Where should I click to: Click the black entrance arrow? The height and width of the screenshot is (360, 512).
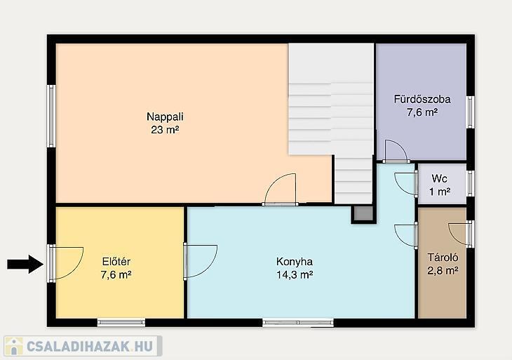[x=25, y=264]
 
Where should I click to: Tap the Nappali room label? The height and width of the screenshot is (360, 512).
[x=165, y=116]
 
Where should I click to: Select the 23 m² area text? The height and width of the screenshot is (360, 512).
[x=165, y=130]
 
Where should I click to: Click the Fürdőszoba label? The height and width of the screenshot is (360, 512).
[x=422, y=99]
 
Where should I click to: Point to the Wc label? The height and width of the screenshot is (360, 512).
[x=440, y=178]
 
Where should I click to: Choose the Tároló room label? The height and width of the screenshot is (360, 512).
[x=443, y=258]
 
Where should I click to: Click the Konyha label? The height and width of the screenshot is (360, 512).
[x=295, y=262]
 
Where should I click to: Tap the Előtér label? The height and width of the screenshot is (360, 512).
[x=116, y=262]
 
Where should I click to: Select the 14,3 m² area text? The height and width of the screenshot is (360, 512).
[x=295, y=275]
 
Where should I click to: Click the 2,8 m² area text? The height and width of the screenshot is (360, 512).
[x=443, y=270]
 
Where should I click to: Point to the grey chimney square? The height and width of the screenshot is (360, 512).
[x=363, y=213]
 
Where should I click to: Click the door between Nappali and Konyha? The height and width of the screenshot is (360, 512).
[x=281, y=189]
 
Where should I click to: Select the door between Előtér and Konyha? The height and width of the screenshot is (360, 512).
[x=200, y=261]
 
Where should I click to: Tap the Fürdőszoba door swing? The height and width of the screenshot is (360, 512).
[x=396, y=151]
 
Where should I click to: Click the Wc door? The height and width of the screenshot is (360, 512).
[x=406, y=184]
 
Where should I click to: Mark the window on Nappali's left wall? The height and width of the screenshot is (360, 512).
[x=51, y=116]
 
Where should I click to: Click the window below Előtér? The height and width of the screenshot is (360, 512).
[x=121, y=322]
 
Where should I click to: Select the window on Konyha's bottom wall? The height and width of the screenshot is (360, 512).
[x=298, y=323]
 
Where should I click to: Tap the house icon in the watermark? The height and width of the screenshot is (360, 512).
[x=13, y=346]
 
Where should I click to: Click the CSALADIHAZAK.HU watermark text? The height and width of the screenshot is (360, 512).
[x=89, y=346]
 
